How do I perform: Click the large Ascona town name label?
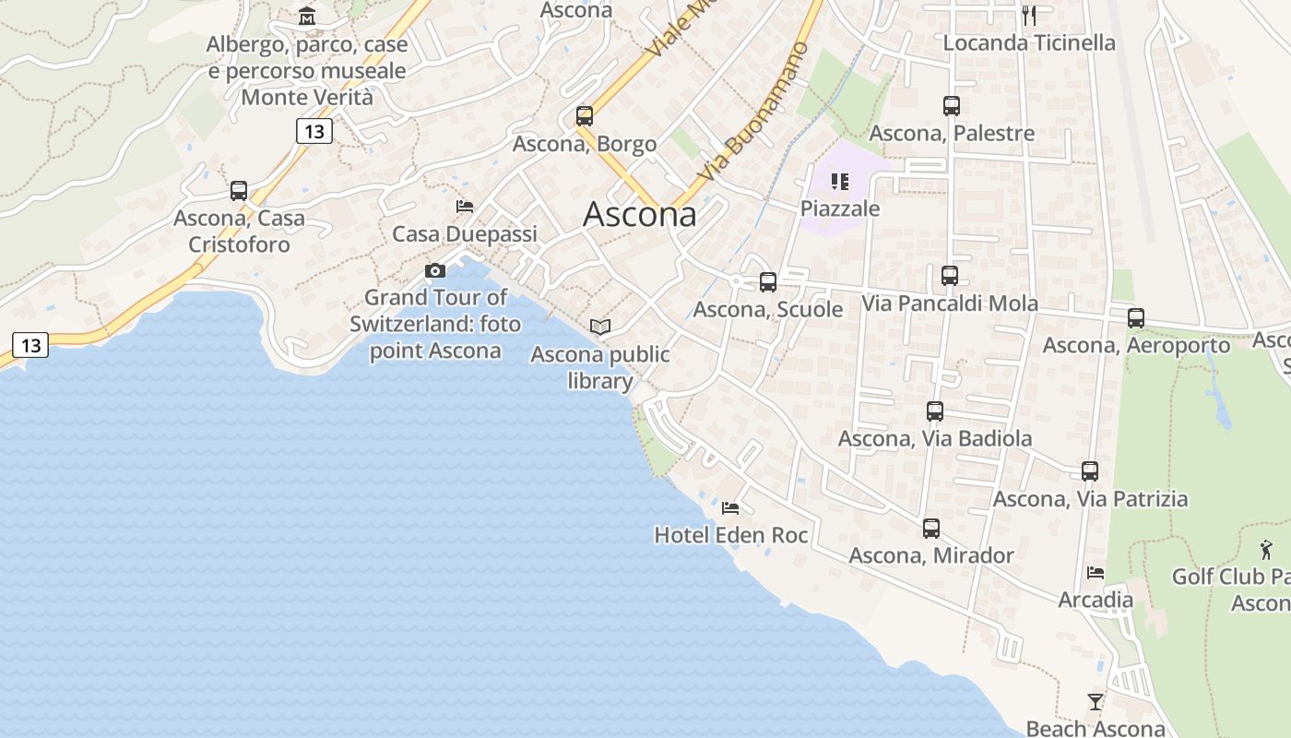(640, 215)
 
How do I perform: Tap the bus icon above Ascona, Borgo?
(584, 116)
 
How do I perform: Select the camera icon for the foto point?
(434, 270)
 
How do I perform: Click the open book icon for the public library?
(600, 327)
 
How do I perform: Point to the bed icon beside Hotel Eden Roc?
(730, 507)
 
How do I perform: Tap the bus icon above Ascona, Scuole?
(767, 282)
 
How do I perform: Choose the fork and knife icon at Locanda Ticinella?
(1029, 15)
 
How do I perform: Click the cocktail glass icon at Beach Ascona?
(1095, 702)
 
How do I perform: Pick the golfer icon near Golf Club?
(1266, 550)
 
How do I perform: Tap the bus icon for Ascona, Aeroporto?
(1135, 318)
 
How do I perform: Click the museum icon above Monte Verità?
(307, 17)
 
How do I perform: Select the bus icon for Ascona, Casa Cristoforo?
(239, 191)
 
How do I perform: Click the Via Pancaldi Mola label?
(949, 304)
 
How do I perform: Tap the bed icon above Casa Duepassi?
(465, 207)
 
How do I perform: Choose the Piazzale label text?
(839, 208)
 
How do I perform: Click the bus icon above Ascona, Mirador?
(931, 529)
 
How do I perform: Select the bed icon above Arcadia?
(1096, 573)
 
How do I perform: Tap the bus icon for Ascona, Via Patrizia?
(1090, 471)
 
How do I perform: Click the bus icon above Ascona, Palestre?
(952, 106)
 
